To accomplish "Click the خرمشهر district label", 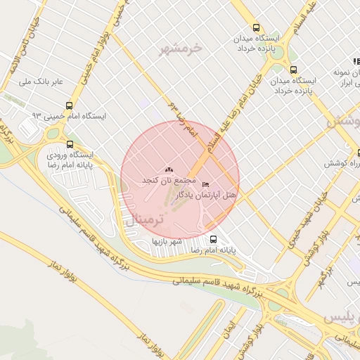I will tap(181, 49).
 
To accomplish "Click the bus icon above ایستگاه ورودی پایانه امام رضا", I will tap(69, 143).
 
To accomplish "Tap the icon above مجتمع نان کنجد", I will tap(167, 170).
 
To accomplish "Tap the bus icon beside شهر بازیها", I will tap(213, 239).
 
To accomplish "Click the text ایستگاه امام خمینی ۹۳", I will tap(77, 115).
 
